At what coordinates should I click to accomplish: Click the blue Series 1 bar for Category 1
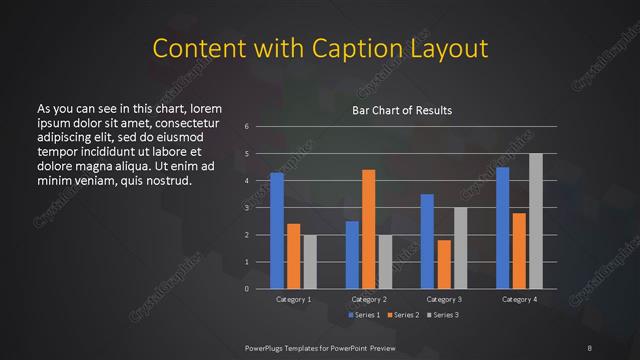pos(277,231)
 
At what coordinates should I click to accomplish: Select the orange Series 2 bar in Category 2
pos(368,229)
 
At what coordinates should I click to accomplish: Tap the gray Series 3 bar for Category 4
pos(535,221)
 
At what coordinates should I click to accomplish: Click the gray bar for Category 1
pos(310,262)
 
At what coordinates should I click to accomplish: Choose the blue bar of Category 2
pos(352,255)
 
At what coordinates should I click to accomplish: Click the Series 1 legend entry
pos(362,315)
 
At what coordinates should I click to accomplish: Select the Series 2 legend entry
pos(400,315)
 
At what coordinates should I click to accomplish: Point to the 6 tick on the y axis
pos(246,127)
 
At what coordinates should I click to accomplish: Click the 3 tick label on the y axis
pos(246,208)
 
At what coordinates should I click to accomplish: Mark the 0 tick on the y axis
pos(246,289)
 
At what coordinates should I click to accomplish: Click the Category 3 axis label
pos(443,299)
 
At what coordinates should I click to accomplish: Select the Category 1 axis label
pos(293,299)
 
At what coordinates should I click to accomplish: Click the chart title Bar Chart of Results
pos(401,110)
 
